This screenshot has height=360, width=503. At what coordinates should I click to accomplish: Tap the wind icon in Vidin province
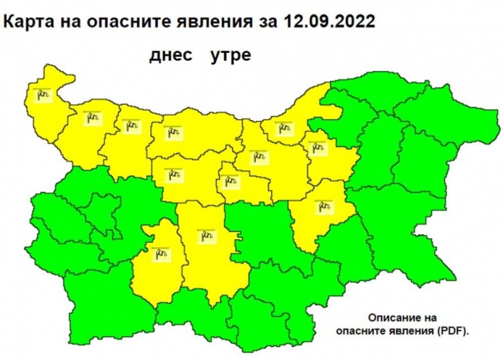click(42, 94)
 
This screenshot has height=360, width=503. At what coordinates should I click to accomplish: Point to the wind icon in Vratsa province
click(131, 126)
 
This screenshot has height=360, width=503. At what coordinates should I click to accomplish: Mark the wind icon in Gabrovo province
click(230, 182)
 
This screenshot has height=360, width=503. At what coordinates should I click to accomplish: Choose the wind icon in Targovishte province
click(318, 148)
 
